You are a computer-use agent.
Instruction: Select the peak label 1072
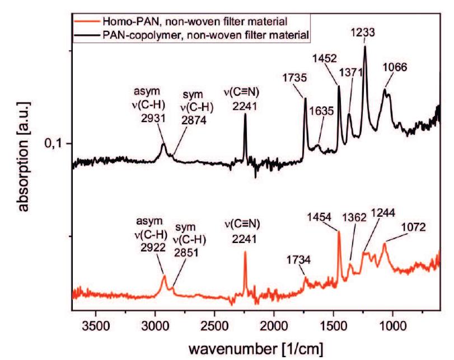(x=415, y=228)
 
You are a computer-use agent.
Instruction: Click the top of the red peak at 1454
(x=339, y=231)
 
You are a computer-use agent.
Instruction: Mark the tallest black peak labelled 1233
(x=365, y=46)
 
